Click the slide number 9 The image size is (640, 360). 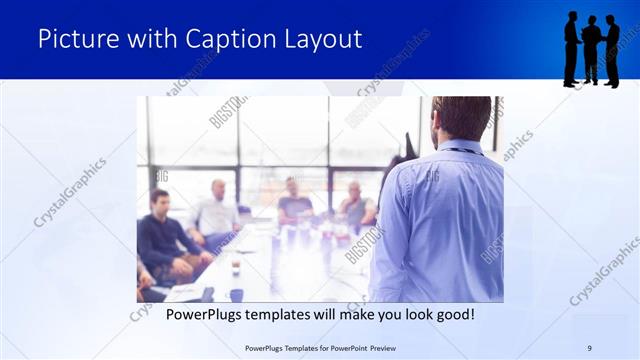pyautogui.click(x=589, y=348)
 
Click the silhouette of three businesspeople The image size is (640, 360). pyautogui.click(x=591, y=49)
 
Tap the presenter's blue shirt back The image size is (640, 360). pyautogui.click(x=440, y=220)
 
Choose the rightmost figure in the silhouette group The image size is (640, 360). pyautogui.click(x=611, y=50)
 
